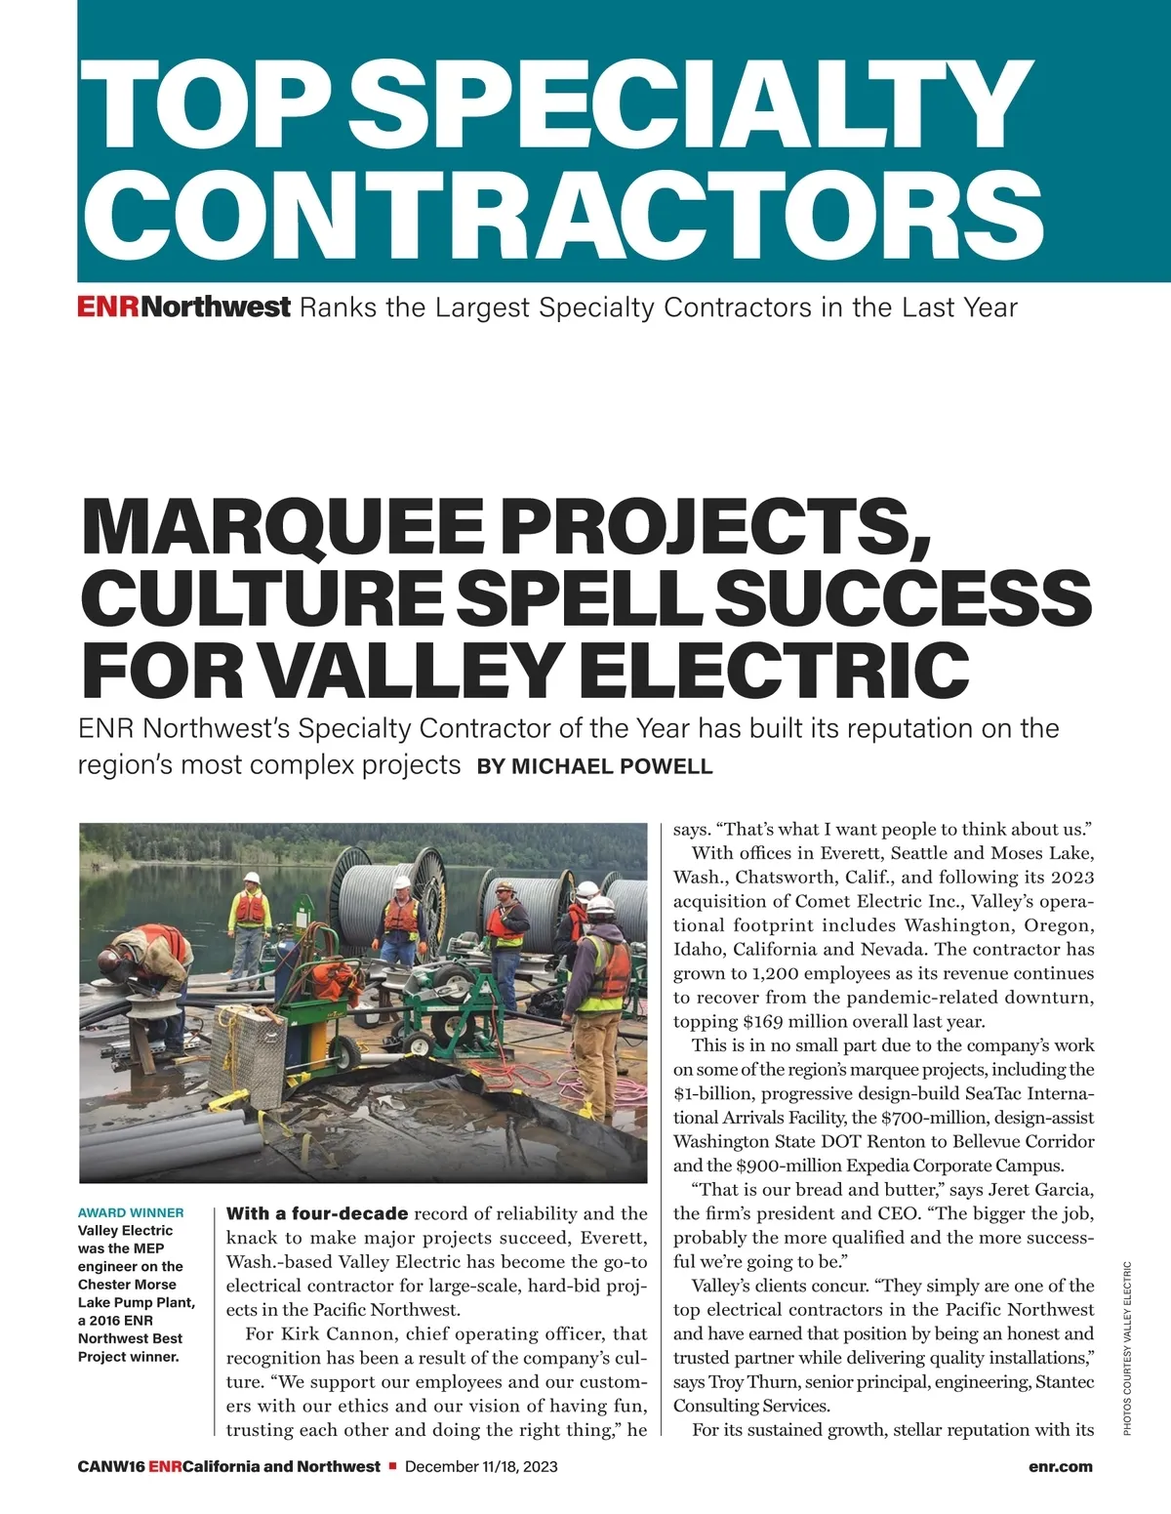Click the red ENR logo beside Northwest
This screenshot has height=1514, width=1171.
tap(109, 307)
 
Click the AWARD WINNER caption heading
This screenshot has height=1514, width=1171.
tap(131, 1212)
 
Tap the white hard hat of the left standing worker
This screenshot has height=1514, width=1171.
tap(252, 878)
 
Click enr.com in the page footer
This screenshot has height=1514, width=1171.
tap(1060, 1466)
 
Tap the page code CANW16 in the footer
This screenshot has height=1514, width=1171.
tap(111, 1466)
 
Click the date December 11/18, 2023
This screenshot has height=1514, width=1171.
tap(481, 1466)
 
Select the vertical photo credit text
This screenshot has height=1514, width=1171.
tap(1127, 1348)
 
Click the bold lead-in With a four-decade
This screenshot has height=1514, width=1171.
tap(317, 1214)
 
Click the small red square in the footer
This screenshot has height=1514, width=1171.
tap(391, 1466)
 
